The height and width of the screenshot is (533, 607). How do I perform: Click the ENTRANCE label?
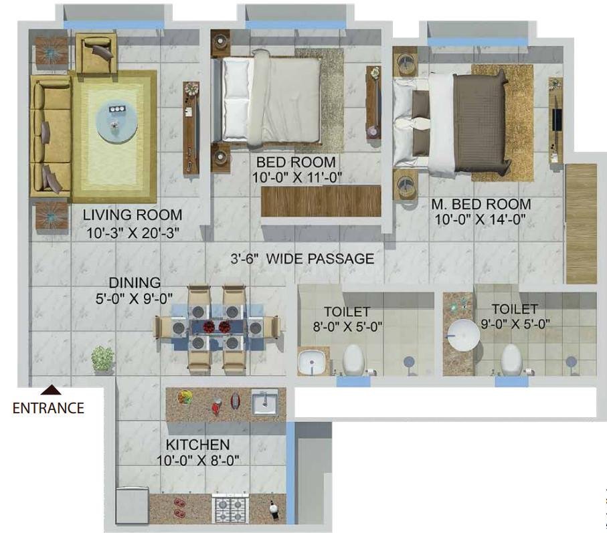(x=48, y=408)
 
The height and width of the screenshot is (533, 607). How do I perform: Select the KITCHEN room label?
(x=198, y=445)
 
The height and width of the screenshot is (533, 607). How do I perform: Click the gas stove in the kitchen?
(x=231, y=509)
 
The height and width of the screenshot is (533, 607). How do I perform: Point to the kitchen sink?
(x=265, y=402)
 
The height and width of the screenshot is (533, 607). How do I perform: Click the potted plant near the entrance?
(x=102, y=359)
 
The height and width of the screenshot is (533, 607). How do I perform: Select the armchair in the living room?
(x=96, y=53)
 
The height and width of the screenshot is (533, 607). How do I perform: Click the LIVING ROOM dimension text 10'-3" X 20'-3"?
(x=133, y=233)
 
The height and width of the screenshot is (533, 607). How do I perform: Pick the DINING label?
(x=135, y=283)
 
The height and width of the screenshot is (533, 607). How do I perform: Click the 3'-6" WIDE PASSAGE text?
(x=302, y=258)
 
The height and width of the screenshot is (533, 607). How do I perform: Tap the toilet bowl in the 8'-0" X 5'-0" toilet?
(x=353, y=360)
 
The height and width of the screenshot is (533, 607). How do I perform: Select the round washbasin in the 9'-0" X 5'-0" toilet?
(x=464, y=335)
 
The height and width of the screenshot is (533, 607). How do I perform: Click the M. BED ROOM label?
(x=481, y=204)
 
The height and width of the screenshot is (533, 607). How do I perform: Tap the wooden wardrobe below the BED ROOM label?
(x=321, y=201)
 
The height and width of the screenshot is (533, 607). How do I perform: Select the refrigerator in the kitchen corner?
(x=133, y=505)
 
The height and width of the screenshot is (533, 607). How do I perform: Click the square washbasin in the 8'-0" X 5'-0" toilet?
(x=313, y=362)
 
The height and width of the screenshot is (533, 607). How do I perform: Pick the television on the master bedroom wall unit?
(x=557, y=120)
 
